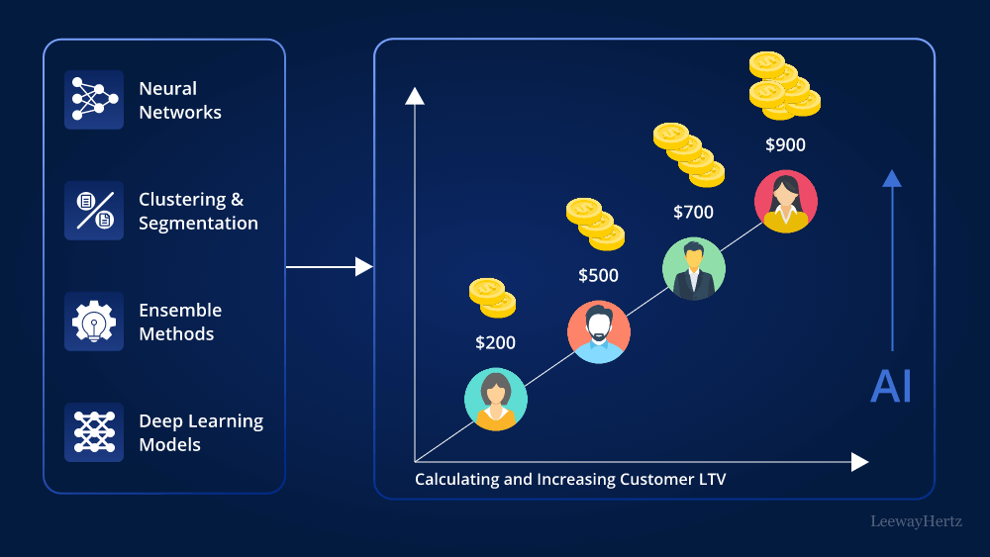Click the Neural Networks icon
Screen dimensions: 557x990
coord(94,100)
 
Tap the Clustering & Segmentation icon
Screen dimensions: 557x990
coord(94,211)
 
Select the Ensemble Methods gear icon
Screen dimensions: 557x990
coord(94,322)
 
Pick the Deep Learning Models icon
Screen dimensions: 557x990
coord(94,432)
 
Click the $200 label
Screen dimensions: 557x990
coord(495,343)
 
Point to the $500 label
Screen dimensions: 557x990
coord(598,275)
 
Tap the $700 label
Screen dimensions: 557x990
coord(693,212)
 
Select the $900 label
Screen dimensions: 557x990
coord(785,145)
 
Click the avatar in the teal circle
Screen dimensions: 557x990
coord(496,400)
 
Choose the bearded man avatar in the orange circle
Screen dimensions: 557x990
coord(599,331)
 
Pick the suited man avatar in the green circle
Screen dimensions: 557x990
coord(693,269)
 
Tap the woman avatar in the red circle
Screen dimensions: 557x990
coord(786,202)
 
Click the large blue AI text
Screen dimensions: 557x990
coord(890,387)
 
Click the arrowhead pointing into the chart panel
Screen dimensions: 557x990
coord(364,266)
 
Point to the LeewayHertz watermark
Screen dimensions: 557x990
coord(916,521)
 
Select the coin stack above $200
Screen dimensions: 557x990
coord(492,297)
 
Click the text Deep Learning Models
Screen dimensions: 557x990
coord(201,432)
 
